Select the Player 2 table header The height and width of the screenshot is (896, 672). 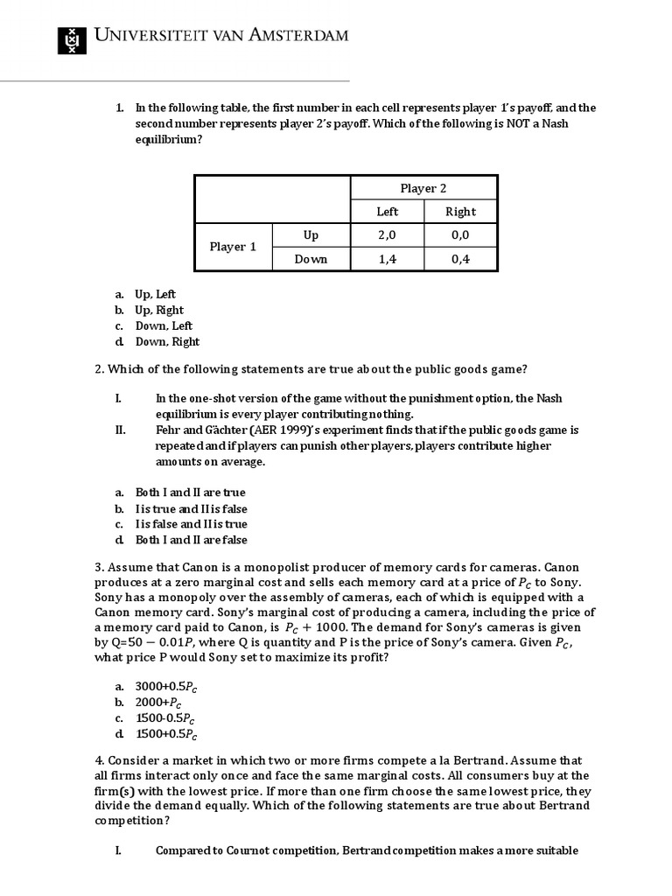[423, 188]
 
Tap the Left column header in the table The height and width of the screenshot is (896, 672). [387, 211]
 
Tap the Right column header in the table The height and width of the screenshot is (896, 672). [460, 211]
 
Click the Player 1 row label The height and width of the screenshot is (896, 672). [233, 247]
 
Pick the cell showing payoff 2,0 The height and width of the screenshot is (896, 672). [387, 235]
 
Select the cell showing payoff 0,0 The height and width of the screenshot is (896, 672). [460, 235]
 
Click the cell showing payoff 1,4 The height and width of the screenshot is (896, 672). [387, 259]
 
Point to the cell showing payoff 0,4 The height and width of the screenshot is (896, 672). [460, 259]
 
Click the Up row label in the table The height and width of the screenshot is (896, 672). [311, 235]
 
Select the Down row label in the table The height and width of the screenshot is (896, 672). [311, 259]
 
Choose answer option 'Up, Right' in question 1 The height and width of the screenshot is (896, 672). [159, 310]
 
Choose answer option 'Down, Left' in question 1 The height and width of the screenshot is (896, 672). [164, 325]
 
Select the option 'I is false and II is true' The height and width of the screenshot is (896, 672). [191, 524]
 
